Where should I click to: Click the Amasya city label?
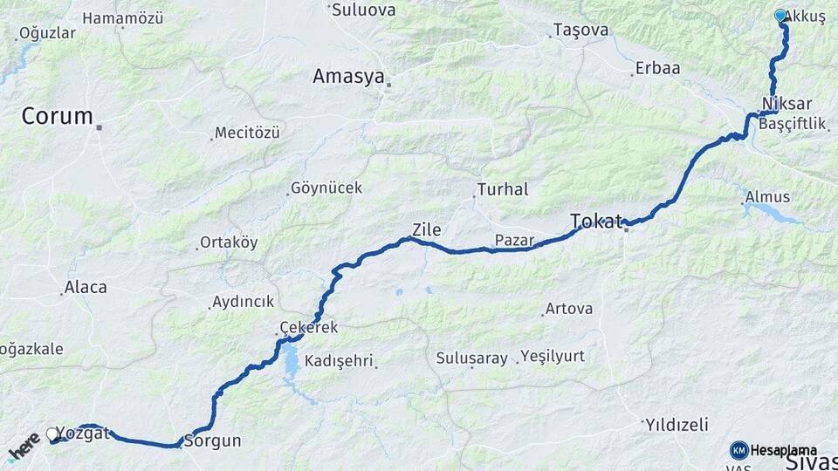point(348,77)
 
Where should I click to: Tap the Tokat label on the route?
point(596,221)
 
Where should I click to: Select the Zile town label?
point(426,230)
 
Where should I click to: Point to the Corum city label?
point(57,116)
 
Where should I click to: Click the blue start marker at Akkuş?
point(780,15)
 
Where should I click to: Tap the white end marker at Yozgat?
point(52,433)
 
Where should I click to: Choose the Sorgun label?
point(212,440)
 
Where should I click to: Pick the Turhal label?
point(503,189)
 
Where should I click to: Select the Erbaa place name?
point(658,68)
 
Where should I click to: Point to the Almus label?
point(767,197)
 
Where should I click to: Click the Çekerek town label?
point(307,327)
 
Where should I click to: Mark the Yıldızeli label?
point(677,425)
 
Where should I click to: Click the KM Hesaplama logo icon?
point(738,450)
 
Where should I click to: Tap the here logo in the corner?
point(24,447)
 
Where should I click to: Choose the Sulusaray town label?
point(471,358)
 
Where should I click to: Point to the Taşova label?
point(580,31)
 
